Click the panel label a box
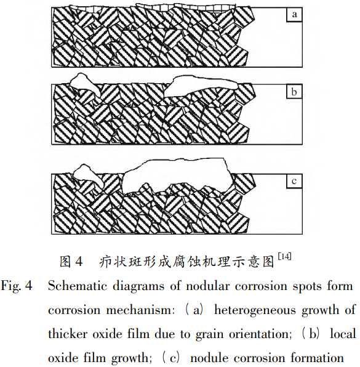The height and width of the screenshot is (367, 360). (294, 15)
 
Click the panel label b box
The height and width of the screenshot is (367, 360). (294, 92)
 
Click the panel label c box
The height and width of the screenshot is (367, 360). (294, 181)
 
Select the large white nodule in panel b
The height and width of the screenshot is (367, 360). (201, 86)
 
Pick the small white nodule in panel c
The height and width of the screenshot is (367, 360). (89, 175)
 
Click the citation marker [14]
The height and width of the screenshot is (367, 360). (284, 257)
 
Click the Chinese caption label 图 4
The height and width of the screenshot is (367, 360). (71, 262)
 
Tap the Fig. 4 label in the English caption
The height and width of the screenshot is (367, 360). (17, 286)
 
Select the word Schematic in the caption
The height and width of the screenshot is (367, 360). (78, 286)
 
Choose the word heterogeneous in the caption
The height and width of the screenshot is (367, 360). (255, 311)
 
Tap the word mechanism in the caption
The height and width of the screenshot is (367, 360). (140, 310)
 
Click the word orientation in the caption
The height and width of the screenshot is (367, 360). (260, 334)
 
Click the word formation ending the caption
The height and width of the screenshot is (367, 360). (317, 358)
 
